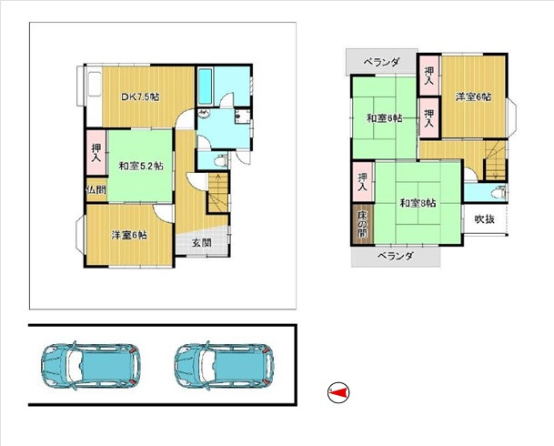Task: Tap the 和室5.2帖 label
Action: click(x=140, y=166)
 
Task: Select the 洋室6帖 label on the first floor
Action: click(x=129, y=235)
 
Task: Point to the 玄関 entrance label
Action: click(x=202, y=242)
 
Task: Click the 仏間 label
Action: click(x=95, y=190)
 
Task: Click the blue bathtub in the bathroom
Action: click(x=206, y=87)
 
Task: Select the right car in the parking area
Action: click(x=224, y=366)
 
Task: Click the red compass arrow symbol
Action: click(x=337, y=392)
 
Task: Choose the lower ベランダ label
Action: click(x=396, y=257)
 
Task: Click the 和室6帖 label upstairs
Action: click(x=385, y=118)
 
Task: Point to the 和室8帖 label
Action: click(x=418, y=203)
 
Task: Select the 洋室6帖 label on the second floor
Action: click(x=473, y=96)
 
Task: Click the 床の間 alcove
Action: click(x=361, y=226)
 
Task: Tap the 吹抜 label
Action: click(x=483, y=219)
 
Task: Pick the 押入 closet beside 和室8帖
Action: click(x=362, y=180)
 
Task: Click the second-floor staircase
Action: click(x=494, y=164)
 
